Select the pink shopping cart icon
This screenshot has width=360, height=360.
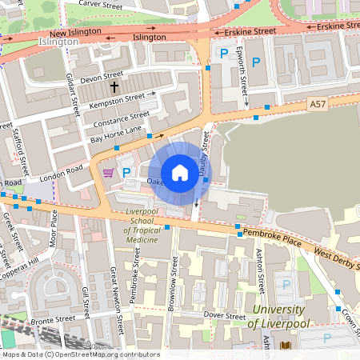tap(108, 172)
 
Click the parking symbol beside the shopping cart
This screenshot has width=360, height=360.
tap(125, 172)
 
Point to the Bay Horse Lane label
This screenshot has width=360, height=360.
tap(116, 134)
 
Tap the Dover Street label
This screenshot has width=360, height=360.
tap(225, 316)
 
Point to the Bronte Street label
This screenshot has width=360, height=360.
tap(55, 318)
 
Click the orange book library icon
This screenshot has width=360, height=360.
tap(286, 346)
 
